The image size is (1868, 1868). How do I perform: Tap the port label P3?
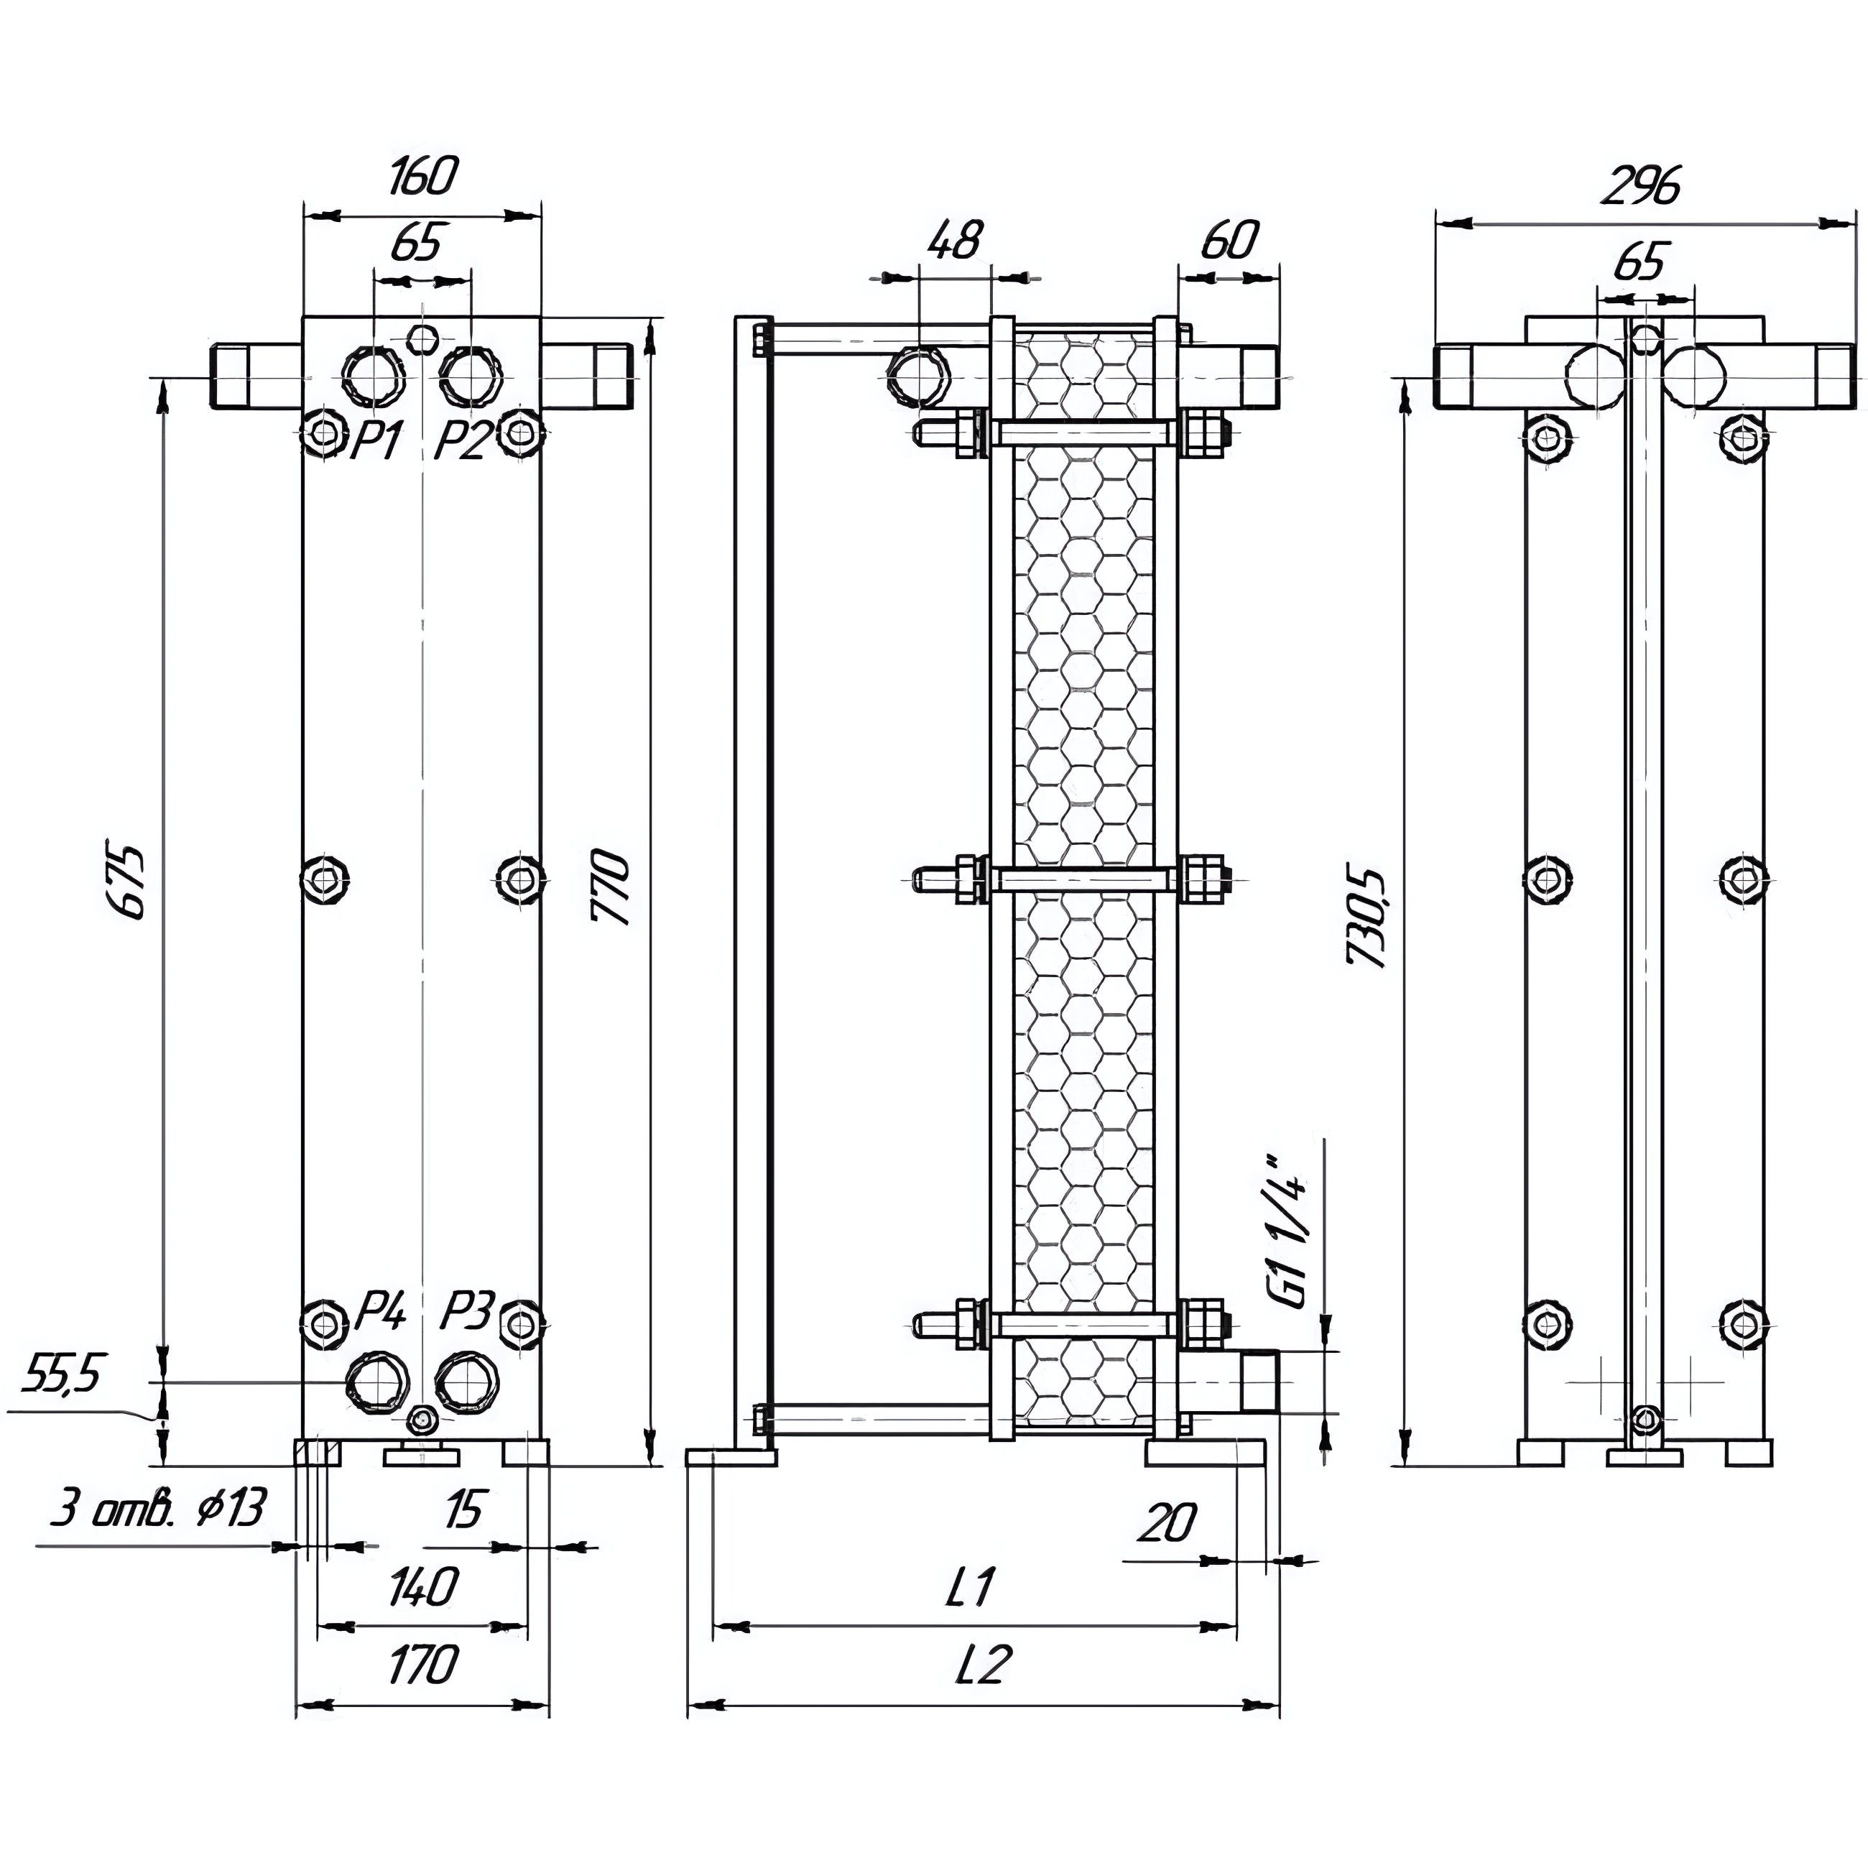click(x=468, y=1313)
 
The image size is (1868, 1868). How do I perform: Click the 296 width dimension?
click(x=1642, y=188)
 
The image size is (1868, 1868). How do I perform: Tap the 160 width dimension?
click(x=423, y=176)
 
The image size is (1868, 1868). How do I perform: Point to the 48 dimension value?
click(x=956, y=240)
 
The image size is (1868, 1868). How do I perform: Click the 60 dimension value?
click(x=1230, y=241)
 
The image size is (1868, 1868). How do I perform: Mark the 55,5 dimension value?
click(x=62, y=1373)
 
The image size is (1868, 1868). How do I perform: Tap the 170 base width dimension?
click(x=422, y=1665)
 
